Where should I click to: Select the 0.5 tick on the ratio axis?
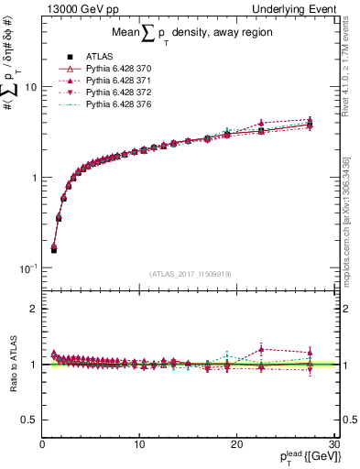[x=30, y=420]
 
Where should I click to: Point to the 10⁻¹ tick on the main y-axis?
[x=27, y=267]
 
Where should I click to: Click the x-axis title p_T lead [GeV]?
[x=301, y=459]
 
